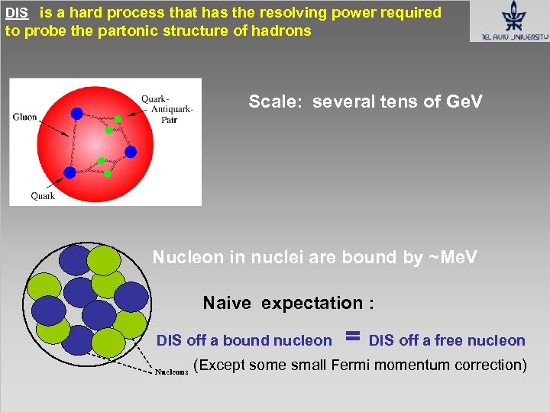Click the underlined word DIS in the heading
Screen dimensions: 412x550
point(16,13)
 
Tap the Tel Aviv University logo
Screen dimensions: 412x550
point(510,21)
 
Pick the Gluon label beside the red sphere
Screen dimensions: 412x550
point(24,117)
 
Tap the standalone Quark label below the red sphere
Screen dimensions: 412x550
point(43,196)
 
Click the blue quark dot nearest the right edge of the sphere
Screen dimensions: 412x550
point(131,152)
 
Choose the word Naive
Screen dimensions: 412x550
point(227,304)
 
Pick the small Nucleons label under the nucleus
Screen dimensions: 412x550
point(172,372)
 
